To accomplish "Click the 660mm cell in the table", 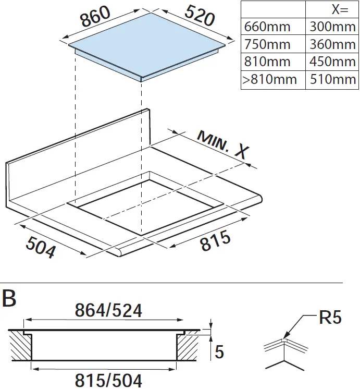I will pos(267,27).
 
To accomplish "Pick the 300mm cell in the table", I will pos(332,27).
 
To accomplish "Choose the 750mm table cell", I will pos(267,44).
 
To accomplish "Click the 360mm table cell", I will pos(332,44).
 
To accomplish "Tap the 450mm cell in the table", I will pos(332,62).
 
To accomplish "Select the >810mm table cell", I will pos(270,79).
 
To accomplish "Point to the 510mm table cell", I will pos(332,79).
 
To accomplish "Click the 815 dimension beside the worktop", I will pos(215,241).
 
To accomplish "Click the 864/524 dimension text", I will pos(108,311).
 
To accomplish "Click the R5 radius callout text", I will pos(330,318).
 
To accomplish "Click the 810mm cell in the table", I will pos(267,62).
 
